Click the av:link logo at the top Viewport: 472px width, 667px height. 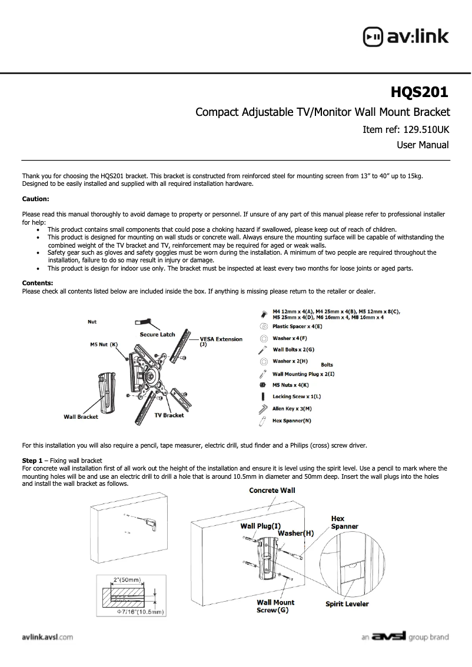(405, 36)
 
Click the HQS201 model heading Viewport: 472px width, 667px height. (420, 92)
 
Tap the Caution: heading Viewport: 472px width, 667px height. (35, 199)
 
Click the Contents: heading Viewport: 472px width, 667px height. (38, 284)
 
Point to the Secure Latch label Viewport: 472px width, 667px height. (157, 334)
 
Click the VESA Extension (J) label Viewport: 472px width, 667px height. (221, 339)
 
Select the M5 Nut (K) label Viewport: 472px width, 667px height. (104, 344)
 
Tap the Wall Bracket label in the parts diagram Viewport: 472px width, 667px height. (81, 417)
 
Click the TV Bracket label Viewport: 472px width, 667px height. (169, 415)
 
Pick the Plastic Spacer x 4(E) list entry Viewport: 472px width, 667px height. (297, 326)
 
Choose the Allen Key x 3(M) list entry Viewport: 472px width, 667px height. (292, 408)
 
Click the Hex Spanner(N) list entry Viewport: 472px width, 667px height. (292, 421)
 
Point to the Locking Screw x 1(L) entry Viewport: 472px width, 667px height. (297, 397)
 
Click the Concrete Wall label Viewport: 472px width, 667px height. (272, 490)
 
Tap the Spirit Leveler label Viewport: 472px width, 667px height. (347, 604)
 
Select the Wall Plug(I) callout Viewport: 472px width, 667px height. (260, 526)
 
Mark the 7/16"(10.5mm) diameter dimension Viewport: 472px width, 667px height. (140, 612)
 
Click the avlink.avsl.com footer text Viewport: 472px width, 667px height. (47, 636)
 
